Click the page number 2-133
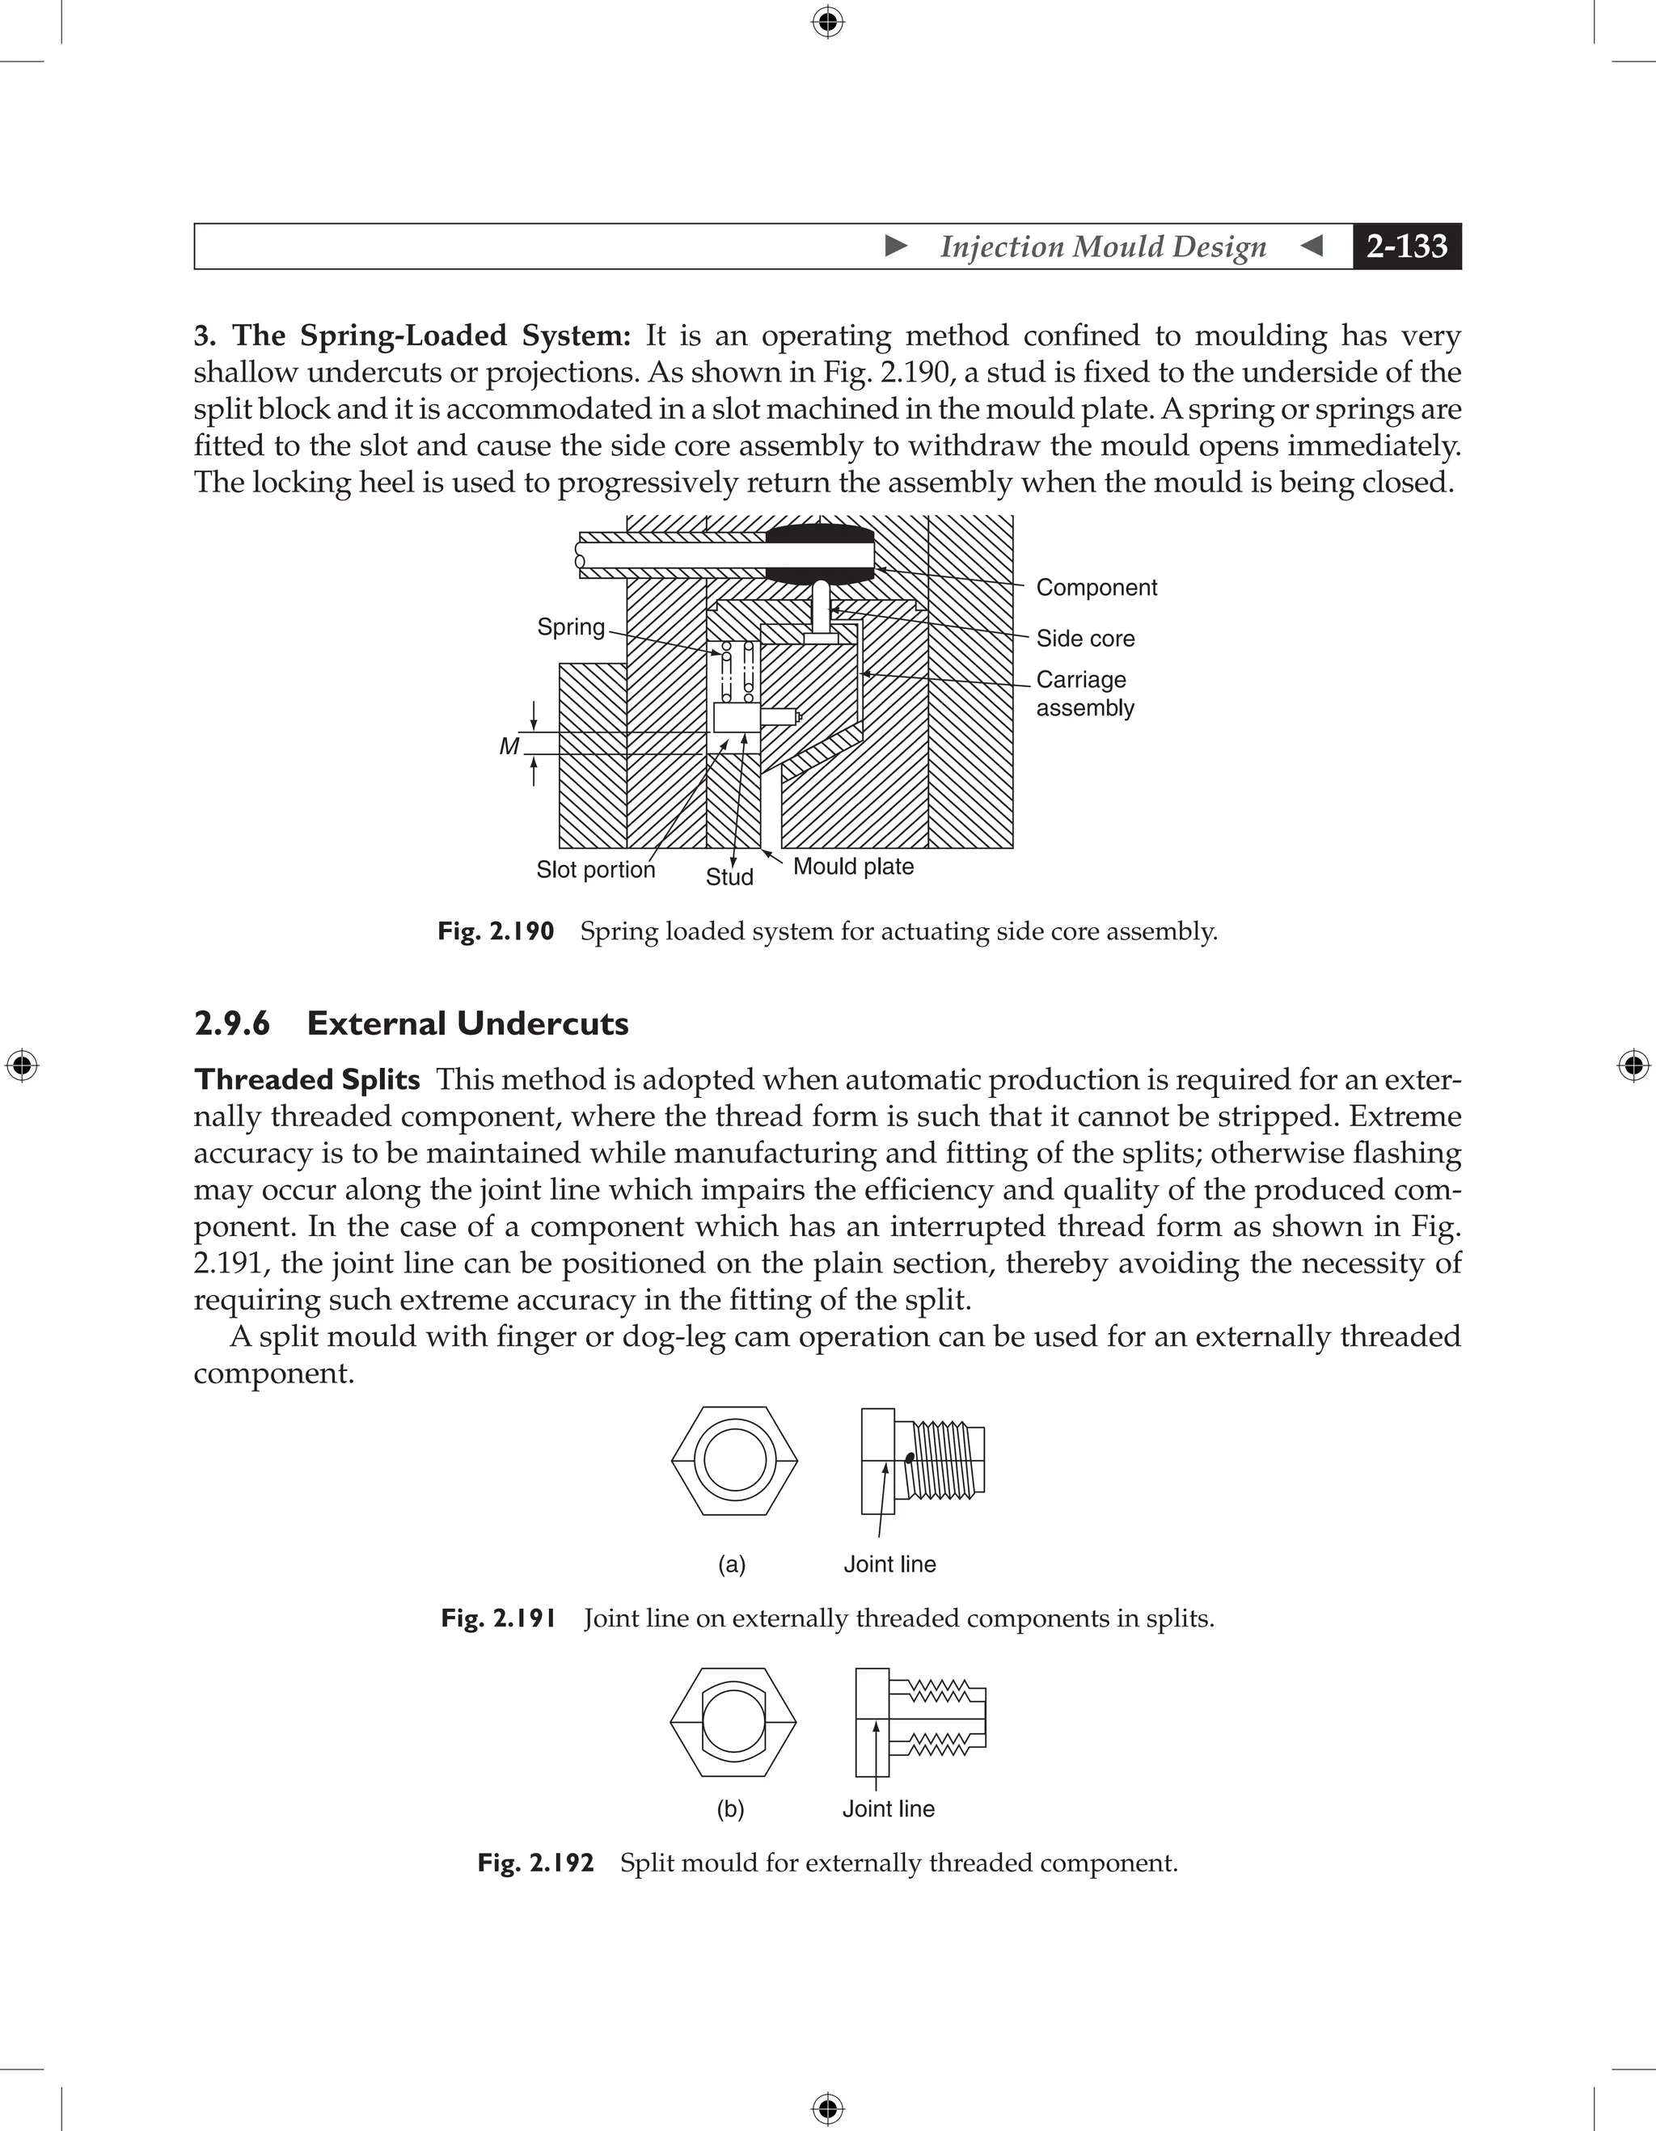(x=1406, y=247)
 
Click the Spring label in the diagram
(x=571, y=627)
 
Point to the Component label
(x=1096, y=588)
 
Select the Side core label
(x=1085, y=638)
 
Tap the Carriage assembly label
(x=1084, y=694)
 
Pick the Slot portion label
(x=595, y=869)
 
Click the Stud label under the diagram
(x=729, y=877)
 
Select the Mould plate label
(x=853, y=867)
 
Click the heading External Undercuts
(x=467, y=1023)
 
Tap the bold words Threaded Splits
(x=306, y=1079)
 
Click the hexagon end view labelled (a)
(x=735, y=1461)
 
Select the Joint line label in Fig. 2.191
(x=889, y=1564)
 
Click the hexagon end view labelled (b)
(x=733, y=1722)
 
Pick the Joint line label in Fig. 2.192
(x=888, y=1809)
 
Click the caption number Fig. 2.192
(x=534, y=1863)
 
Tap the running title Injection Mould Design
(x=1103, y=247)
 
